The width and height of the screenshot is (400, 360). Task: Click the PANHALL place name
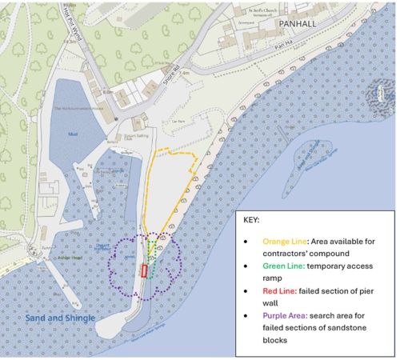coord(298,24)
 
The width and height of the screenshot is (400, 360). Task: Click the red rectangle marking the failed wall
coord(145,270)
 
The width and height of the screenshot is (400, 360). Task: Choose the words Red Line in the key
coord(280,291)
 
